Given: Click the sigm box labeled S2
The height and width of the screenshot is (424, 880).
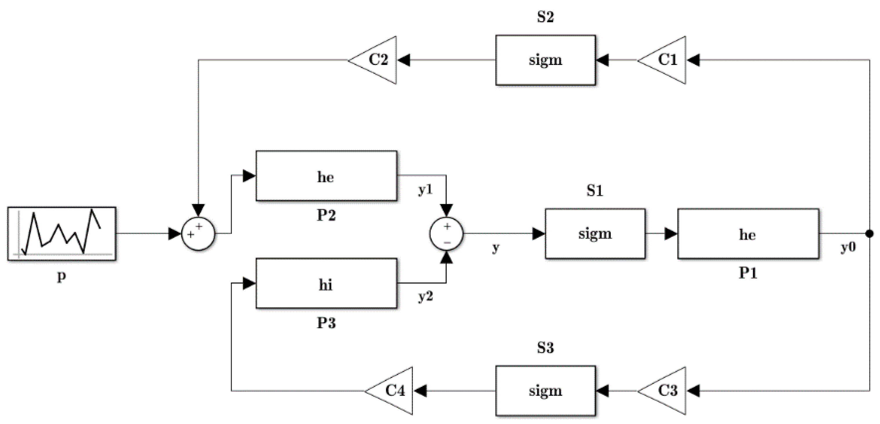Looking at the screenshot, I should [x=545, y=60].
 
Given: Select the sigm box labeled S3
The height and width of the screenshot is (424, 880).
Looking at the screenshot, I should [x=545, y=390].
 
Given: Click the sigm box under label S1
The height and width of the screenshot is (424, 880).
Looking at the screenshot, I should [x=595, y=234].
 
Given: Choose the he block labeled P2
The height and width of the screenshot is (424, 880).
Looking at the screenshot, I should [x=326, y=176].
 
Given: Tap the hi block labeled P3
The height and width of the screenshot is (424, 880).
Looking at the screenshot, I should [x=326, y=283].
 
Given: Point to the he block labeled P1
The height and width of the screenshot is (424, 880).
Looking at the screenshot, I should [x=748, y=234].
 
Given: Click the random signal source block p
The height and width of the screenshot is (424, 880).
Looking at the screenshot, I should [x=61, y=234].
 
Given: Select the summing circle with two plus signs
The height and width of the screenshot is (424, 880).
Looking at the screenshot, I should [x=198, y=234].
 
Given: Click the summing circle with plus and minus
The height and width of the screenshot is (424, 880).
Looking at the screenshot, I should [x=446, y=234].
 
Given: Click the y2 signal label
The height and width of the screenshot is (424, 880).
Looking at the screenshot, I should [x=426, y=296].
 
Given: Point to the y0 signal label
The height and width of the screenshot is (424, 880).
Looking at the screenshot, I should [x=848, y=247].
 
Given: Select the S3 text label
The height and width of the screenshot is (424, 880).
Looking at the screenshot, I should [x=545, y=347].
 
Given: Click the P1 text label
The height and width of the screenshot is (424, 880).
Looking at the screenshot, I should [x=748, y=273].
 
